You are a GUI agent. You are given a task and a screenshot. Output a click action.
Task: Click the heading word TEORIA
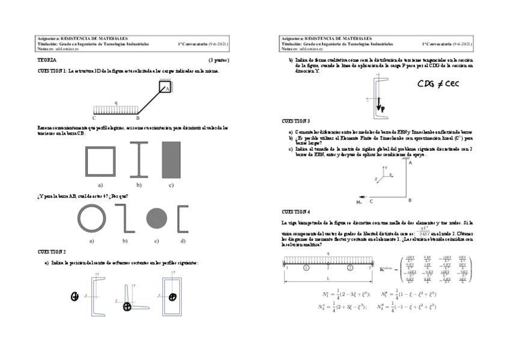[48, 61]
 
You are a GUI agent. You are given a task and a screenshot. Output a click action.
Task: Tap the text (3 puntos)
[218, 61]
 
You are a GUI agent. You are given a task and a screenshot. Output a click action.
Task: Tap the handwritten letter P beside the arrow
[383, 109]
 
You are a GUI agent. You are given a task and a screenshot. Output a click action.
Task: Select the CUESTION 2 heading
[52, 251]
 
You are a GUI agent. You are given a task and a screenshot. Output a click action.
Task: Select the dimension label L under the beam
[328, 279]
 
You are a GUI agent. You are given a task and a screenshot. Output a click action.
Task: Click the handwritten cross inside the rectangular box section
[173, 297]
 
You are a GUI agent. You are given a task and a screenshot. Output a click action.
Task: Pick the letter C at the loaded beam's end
[94, 118]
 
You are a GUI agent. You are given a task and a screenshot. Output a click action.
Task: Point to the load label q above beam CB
[115, 102]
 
